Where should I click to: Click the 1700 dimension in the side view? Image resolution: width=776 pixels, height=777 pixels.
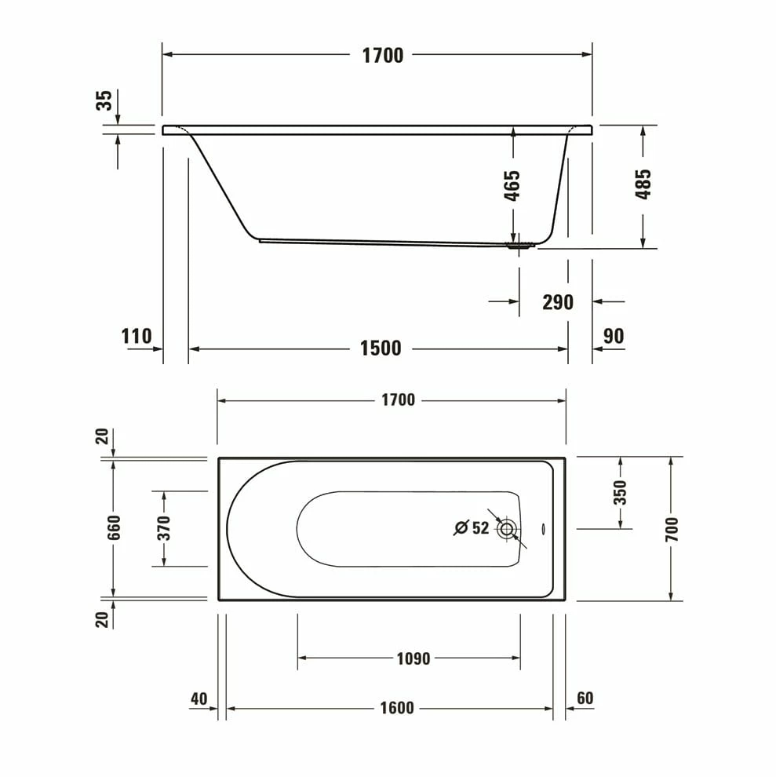[382, 55]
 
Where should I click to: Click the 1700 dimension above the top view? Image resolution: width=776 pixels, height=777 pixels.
[398, 400]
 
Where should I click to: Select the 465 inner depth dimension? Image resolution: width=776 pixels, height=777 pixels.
[512, 186]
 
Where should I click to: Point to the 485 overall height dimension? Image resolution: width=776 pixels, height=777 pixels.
[643, 184]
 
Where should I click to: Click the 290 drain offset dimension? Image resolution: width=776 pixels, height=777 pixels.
[558, 302]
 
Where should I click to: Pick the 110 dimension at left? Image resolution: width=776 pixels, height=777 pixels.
[137, 337]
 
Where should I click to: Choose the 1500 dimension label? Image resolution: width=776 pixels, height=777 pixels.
[381, 348]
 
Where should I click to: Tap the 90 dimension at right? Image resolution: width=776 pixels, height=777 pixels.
[614, 337]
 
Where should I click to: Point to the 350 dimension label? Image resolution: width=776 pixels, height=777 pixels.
[620, 492]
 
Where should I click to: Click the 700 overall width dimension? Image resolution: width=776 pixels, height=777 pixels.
[671, 528]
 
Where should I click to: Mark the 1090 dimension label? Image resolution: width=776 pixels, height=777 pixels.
[413, 658]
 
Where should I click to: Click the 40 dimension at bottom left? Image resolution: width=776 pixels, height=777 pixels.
[199, 699]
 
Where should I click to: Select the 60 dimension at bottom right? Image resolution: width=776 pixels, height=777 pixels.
[585, 699]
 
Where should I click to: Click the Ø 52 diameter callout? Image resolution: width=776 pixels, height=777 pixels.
[472, 528]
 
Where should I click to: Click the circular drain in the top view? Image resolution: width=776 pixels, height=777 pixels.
[507, 529]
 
